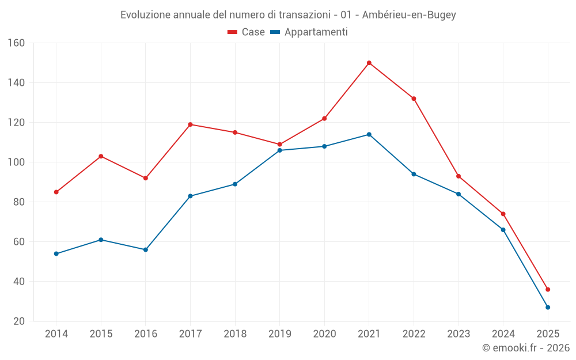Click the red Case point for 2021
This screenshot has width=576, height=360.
(369, 63)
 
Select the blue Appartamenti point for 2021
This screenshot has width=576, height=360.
(369, 135)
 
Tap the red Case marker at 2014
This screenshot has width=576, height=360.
(56, 192)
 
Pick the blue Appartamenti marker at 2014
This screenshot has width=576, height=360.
(56, 254)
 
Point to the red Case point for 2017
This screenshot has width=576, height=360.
(190, 124)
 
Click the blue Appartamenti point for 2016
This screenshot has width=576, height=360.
(146, 250)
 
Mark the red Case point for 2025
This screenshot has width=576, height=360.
(548, 290)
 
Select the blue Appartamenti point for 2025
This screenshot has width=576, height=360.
(548, 308)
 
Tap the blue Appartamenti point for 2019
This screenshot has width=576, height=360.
(280, 150)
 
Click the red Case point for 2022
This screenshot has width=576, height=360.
(414, 98)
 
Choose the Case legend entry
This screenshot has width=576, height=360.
(247, 32)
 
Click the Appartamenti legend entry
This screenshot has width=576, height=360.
(309, 32)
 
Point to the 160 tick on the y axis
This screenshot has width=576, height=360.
(16, 43)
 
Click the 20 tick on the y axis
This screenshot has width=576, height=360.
(19, 321)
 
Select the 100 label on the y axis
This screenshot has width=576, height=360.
(16, 162)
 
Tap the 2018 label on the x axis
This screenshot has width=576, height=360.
(235, 334)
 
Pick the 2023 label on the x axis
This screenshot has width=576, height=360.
(458, 334)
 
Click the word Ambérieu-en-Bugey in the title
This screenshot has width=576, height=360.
(409, 15)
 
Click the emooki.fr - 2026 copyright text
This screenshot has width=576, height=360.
(526, 348)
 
